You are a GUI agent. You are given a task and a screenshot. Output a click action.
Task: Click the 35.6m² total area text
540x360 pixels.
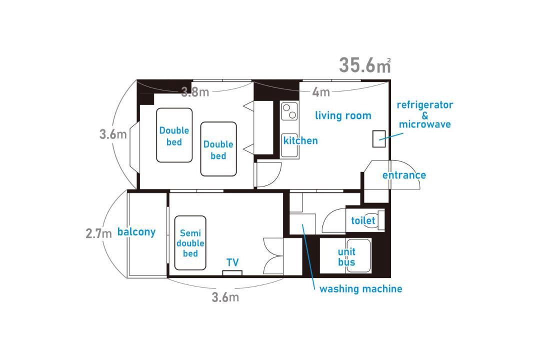coord(365,65)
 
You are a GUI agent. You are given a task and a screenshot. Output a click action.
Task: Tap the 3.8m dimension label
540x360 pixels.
coord(195,92)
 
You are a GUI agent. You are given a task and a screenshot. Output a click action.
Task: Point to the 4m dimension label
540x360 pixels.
coord(321,92)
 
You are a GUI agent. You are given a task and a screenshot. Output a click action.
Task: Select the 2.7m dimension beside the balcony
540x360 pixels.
coord(99,233)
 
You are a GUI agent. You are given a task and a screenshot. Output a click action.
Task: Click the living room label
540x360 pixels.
coord(343,115)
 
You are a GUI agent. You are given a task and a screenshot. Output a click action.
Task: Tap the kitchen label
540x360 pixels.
coord(300,140)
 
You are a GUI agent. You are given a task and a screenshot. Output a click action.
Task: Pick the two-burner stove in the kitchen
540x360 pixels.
coord(289,111)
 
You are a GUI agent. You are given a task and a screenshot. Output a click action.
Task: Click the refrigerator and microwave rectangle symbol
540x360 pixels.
coord(379,139)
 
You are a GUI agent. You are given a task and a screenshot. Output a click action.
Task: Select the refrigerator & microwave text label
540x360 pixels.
coord(425,114)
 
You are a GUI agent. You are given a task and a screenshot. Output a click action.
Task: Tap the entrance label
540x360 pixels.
coord(404,175)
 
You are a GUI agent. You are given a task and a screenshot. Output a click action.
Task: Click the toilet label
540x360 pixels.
coord(363,220)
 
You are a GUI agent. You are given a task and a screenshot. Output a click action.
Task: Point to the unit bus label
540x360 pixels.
coord(346,257)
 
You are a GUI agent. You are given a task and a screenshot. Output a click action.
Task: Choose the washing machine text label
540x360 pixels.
coord(360,288)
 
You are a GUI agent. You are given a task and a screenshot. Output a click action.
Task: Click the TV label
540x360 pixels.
coord(233,262)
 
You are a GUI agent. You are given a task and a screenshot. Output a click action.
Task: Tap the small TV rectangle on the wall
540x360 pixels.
coord(232,273)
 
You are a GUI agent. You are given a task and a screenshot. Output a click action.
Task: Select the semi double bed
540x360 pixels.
coord(190,243)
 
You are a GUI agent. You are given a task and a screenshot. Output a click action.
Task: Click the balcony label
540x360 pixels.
coord(136,232)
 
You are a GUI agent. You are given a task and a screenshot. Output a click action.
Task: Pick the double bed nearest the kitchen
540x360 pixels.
coord(218,149)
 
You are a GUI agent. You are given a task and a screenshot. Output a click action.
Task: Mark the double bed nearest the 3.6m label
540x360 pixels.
coord(174,135)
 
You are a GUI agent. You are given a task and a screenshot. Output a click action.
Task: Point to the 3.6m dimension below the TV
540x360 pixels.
coord(225,297)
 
